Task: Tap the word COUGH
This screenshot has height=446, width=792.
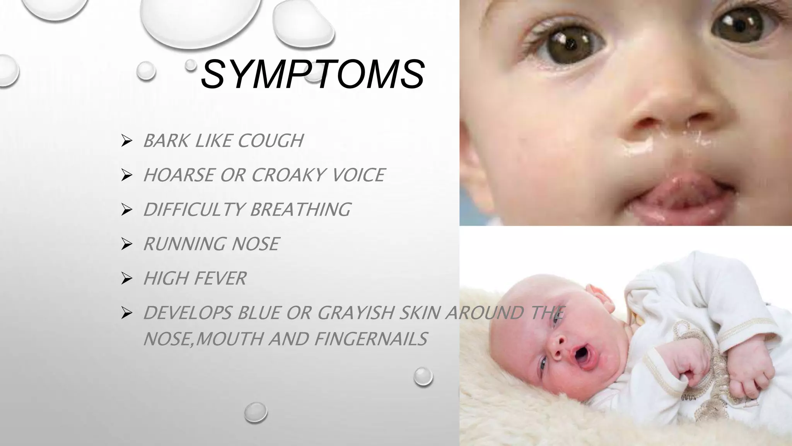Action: pyautogui.click(x=270, y=141)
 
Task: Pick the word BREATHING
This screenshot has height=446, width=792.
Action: pyautogui.click(x=300, y=209)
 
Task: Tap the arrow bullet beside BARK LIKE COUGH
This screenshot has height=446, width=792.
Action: pyautogui.click(x=126, y=141)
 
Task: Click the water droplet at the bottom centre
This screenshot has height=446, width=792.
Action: pyautogui.click(x=256, y=412)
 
